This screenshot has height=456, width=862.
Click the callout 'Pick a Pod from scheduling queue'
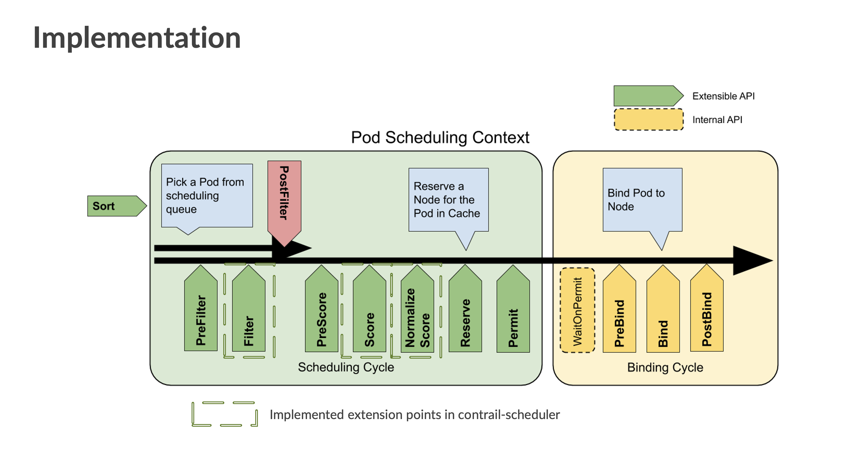207,195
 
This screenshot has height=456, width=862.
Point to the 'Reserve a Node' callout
448,200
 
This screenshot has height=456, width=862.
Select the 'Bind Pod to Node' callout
642,200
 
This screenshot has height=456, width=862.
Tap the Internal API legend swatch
648,119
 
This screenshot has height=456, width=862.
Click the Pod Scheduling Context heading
440,137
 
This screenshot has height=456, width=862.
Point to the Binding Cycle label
665,367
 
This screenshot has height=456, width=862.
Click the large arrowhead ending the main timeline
751,261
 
